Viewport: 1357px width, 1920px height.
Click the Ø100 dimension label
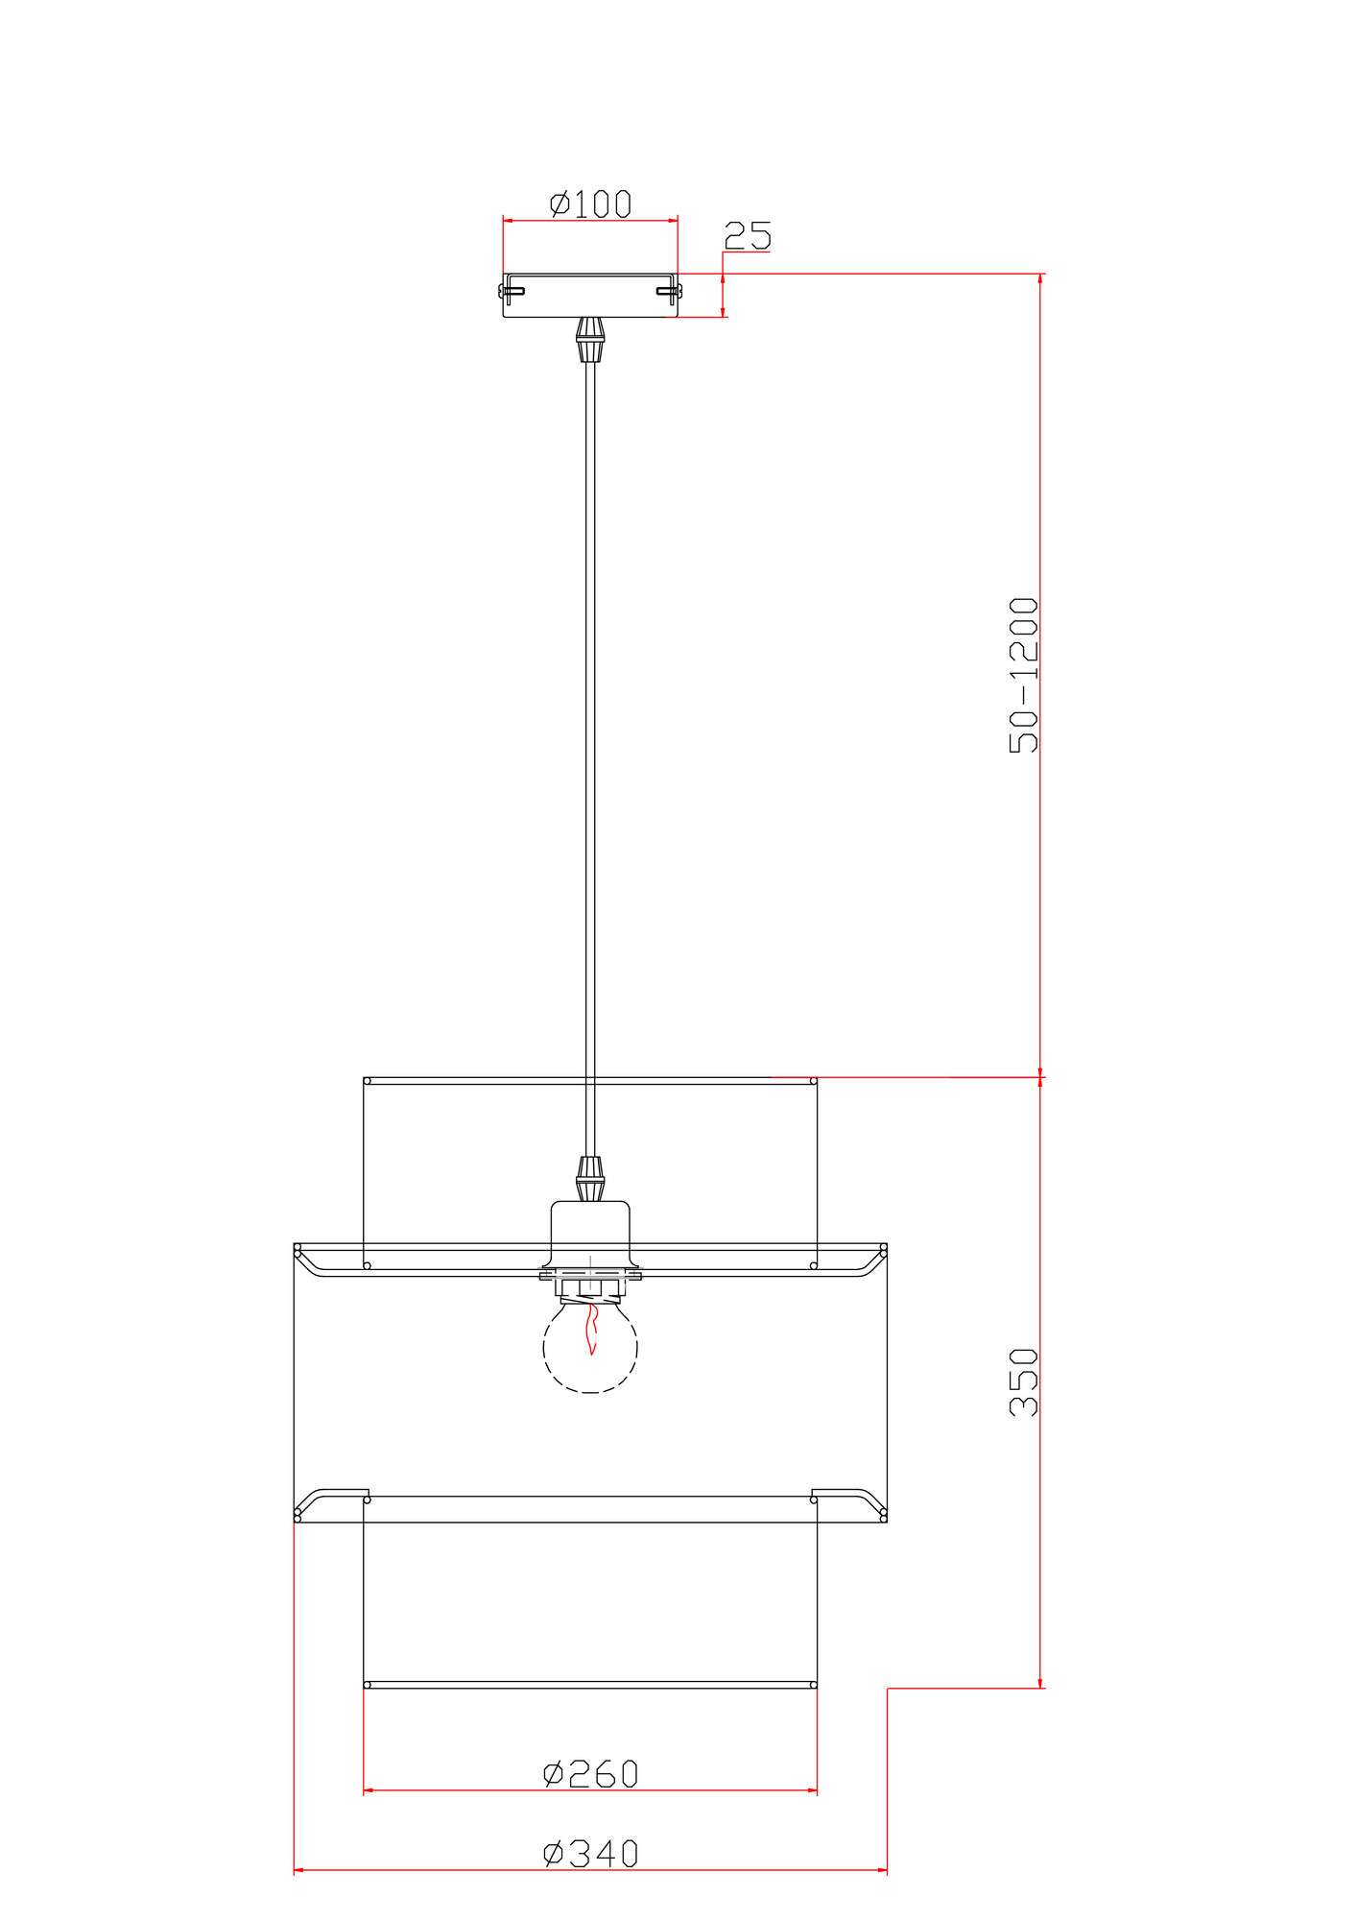coord(590,204)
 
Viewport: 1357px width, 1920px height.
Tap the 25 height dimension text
coord(748,235)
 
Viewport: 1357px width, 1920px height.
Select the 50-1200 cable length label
coord(1024,675)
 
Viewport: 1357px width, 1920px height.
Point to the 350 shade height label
coord(1024,1382)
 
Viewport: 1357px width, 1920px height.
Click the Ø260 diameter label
coord(590,1774)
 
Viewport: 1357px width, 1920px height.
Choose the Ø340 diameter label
coord(590,1854)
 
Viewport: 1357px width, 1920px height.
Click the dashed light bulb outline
coord(590,1347)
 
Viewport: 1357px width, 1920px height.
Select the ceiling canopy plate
coord(590,295)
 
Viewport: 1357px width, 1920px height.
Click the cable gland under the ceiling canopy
coord(590,339)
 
